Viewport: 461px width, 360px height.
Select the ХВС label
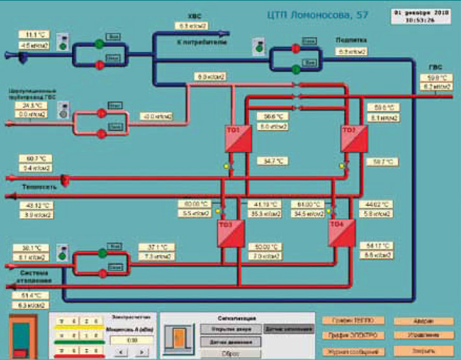(193, 16)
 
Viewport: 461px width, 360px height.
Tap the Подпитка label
(351, 40)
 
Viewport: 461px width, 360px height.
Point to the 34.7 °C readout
(275, 161)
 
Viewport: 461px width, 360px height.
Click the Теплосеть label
(23, 186)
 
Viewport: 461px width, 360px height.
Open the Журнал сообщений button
(353, 351)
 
